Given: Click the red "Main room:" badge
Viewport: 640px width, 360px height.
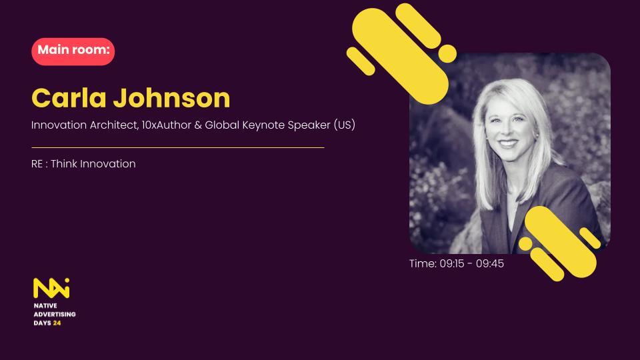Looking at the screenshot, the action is [x=73, y=51].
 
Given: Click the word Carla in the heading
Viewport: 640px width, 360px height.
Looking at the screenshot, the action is [x=69, y=98].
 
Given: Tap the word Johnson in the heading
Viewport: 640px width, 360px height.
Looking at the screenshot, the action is [x=171, y=98].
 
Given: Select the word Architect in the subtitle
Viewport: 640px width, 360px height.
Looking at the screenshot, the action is [x=114, y=125].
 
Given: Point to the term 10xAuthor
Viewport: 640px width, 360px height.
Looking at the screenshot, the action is [x=167, y=125].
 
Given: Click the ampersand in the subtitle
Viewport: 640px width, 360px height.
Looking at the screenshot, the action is [x=198, y=125].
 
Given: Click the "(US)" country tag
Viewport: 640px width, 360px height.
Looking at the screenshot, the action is [x=345, y=125].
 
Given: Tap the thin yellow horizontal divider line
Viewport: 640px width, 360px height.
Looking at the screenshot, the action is [x=178, y=147].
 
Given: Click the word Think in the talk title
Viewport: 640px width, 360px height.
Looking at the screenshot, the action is [x=64, y=164].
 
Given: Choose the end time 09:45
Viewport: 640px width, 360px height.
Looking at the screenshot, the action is [x=490, y=264].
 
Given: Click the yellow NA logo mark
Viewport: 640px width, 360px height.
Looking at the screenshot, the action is [x=51, y=288].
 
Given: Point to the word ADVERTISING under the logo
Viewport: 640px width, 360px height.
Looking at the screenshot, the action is [x=55, y=314].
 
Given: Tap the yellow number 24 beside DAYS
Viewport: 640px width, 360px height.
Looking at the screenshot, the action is [x=57, y=323].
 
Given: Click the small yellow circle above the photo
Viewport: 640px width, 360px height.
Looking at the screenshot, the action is [x=447, y=54].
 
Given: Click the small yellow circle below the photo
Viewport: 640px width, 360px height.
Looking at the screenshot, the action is [x=526, y=244].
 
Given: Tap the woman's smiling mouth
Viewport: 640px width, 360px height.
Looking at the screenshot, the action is [x=508, y=143].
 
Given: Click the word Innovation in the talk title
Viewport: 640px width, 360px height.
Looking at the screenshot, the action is [x=108, y=164].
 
